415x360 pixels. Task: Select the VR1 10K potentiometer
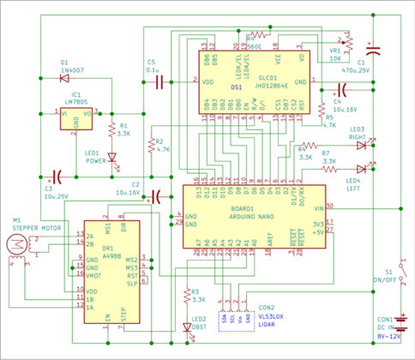(348, 40)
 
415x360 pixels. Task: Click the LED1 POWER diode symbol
(111, 159)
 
